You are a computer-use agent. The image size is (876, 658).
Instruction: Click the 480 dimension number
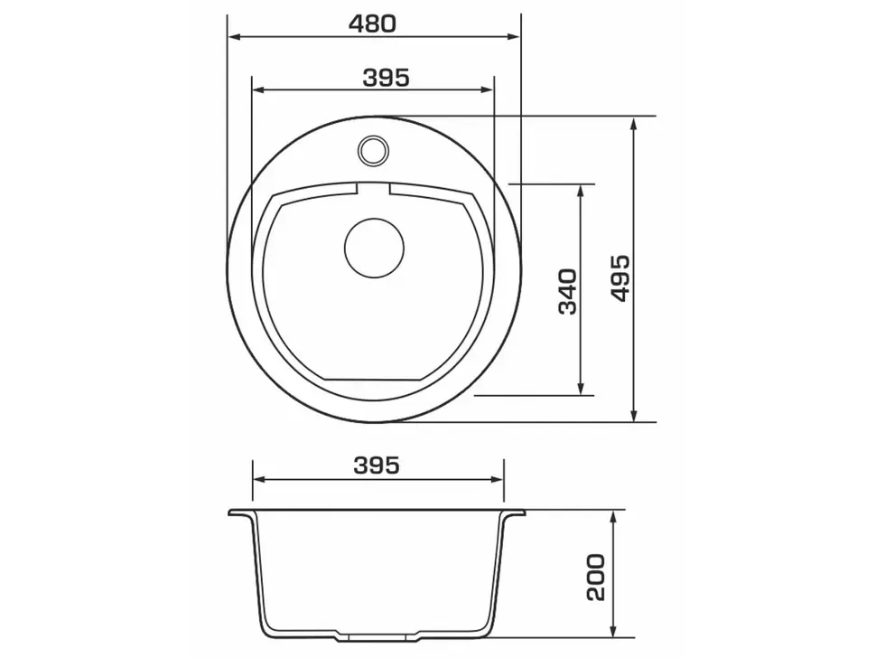(x=372, y=24)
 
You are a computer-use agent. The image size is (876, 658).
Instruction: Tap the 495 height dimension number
(x=620, y=278)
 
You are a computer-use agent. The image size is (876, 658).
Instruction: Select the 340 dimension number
(x=568, y=292)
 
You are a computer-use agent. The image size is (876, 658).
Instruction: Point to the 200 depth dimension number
(x=595, y=578)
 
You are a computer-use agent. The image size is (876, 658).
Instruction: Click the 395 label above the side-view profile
(x=377, y=465)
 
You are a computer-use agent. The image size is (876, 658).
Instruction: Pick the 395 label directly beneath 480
(x=386, y=78)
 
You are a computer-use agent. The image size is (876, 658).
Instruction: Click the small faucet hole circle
(x=373, y=150)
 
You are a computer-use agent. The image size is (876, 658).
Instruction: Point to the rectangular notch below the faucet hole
(x=373, y=189)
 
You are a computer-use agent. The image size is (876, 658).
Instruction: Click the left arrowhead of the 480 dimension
(x=234, y=37)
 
